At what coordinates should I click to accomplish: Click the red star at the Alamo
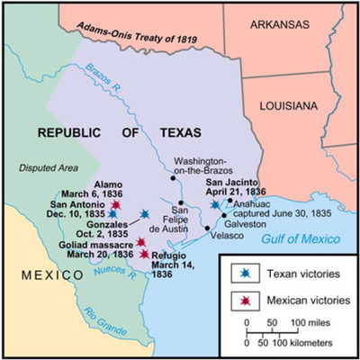115,206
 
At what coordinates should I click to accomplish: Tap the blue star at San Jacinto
214,205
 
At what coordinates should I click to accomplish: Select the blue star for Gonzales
145,214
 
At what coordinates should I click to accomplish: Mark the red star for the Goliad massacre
141,242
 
